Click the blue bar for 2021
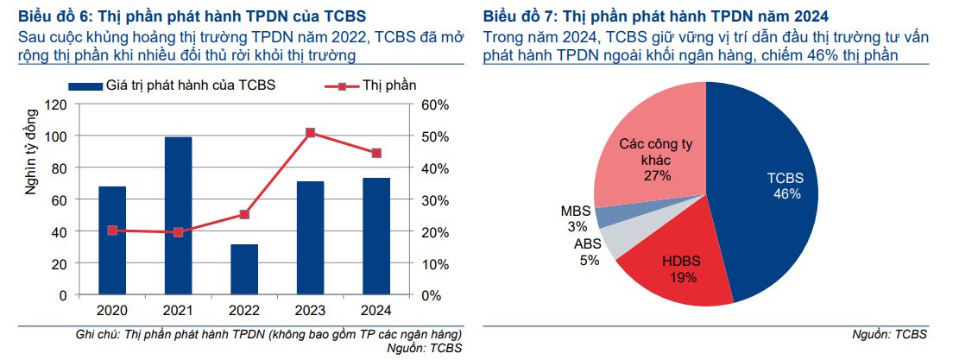click(x=178, y=216)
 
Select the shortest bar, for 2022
click(x=244, y=269)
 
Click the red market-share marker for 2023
click(x=311, y=133)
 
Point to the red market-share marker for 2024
click(x=376, y=154)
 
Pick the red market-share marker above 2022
click(x=244, y=214)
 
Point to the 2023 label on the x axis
click(x=311, y=311)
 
